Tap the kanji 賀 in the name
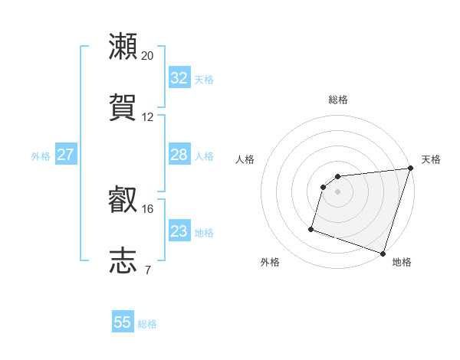coord(123,107)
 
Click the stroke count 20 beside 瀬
coord(148,56)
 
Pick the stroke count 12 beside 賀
coord(148,117)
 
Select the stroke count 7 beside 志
coord(148,270)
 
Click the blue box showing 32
coord(179,78)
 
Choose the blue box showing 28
coord(179,155)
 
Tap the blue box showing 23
coord(179,231)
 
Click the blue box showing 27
coord(65,155)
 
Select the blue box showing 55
coord(123,322)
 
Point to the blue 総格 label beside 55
coord(147,324)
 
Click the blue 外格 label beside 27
coord(41,156)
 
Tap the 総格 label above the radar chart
coord(338,100)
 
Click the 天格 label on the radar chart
coord(432,159)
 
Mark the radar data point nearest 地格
coord(383,253)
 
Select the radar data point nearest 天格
coord(410,169)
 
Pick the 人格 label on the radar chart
coord(245,159)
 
